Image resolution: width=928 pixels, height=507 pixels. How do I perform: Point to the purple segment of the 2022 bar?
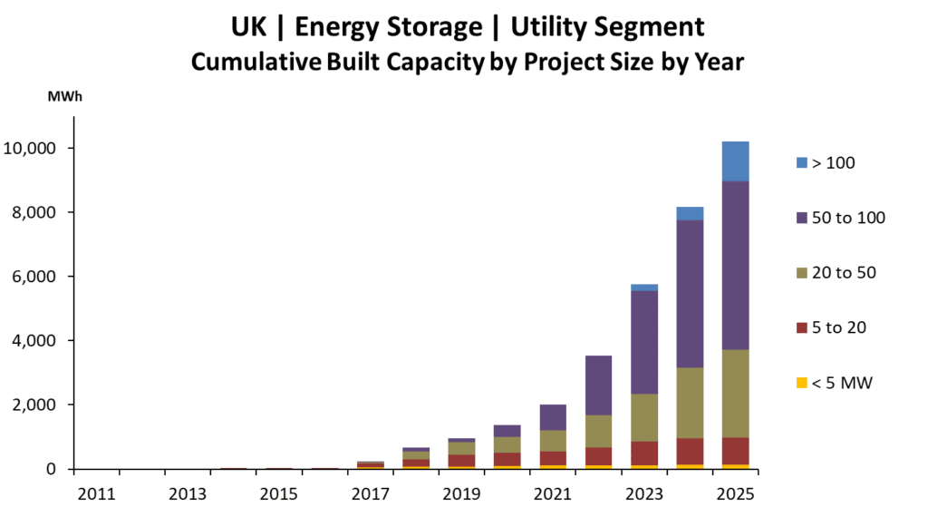point(598,385)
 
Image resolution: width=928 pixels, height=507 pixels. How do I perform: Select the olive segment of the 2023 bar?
point(644,417)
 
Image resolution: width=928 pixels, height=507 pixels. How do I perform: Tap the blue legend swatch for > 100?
point(800,163)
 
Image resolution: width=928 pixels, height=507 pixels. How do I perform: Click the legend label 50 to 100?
point(848,218)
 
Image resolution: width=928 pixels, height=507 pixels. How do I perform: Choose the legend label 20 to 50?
point(844,272)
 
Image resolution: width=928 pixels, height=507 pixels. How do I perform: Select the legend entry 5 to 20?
point(838,327)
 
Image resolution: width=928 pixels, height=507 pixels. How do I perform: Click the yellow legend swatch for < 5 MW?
point(800,383)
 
